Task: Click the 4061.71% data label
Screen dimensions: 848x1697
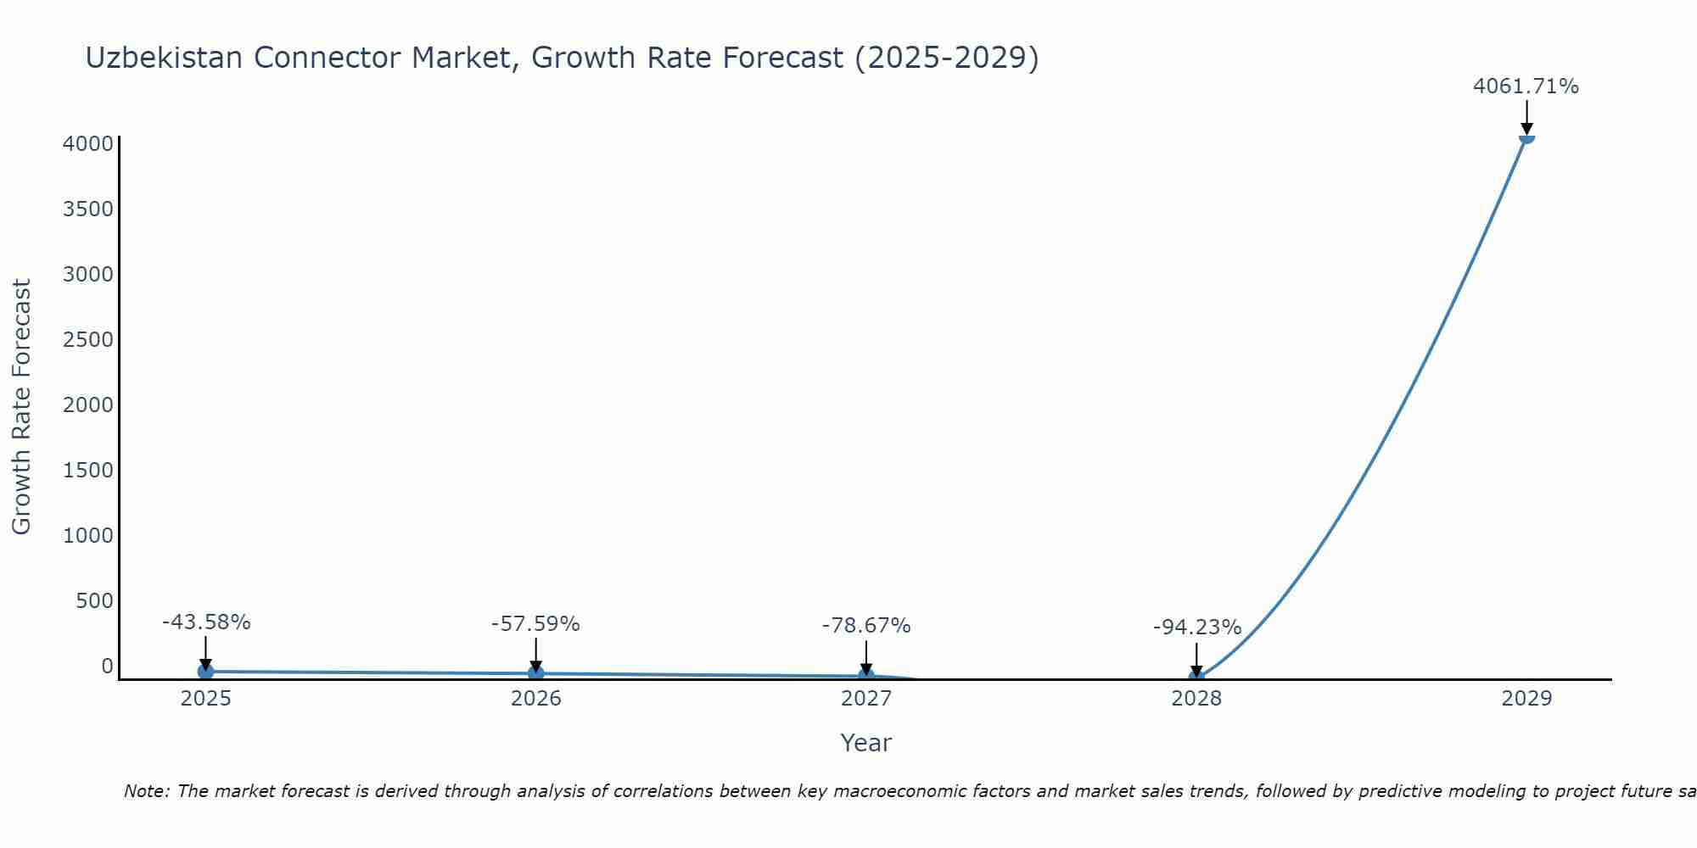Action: pos(1526,86)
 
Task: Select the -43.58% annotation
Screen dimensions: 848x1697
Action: pos(206,622)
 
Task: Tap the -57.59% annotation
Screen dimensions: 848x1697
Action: pos(535,624)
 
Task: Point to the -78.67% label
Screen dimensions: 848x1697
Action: pos(865,626)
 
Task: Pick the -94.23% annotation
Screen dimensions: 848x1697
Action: pos(1196,628)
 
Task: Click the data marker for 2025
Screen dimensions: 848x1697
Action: pos(205,672)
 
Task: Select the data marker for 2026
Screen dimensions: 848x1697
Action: pos(535,673)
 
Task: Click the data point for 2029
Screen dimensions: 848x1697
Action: pos(1526,137)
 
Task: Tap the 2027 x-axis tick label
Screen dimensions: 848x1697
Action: pos(865,699)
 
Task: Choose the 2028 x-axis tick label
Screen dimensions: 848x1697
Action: pos(1196,699)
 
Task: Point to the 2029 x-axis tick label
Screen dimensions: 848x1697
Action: pos(1526,699)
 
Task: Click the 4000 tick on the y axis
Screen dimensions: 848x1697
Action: pos(87,143)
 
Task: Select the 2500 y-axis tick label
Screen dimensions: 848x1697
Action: pos(87,339)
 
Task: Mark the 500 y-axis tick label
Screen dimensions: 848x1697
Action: pos(94,600)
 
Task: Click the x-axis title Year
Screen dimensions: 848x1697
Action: pos(865,743)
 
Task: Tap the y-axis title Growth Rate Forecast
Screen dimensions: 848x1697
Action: pos(21,407)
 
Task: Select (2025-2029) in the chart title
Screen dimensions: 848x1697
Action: pos(946,58)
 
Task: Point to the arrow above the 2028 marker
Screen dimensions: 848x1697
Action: pos(1196,660)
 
